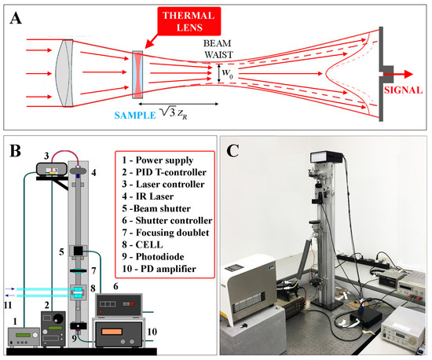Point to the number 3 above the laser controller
coord(46,156)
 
